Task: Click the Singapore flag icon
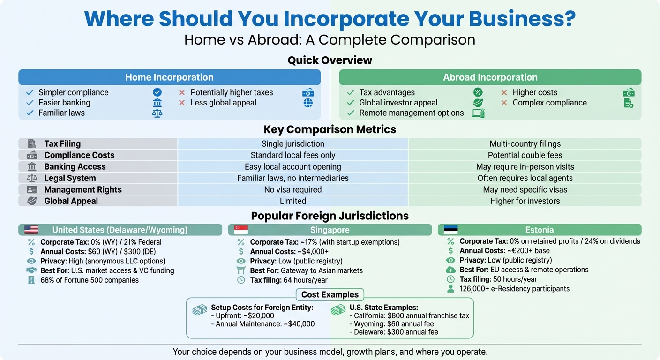(241, 230)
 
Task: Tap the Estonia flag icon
(450, 230)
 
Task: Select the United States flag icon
(31, 230)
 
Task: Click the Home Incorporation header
(169, 77)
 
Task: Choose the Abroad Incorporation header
(490, 77)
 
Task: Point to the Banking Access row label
(75, 167)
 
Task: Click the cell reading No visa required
(293, 190)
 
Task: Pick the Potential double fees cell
(525, 155)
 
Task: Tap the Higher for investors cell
(525, 201)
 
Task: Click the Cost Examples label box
(330, 294)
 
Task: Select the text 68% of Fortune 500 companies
(90, 280)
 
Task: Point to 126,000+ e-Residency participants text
(515, 289)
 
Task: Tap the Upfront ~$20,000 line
(242, 316)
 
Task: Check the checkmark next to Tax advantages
(350, 92)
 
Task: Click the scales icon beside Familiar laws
(157, 113)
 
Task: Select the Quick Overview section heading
(330, 60)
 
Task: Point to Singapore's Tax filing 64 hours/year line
(289, 280)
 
